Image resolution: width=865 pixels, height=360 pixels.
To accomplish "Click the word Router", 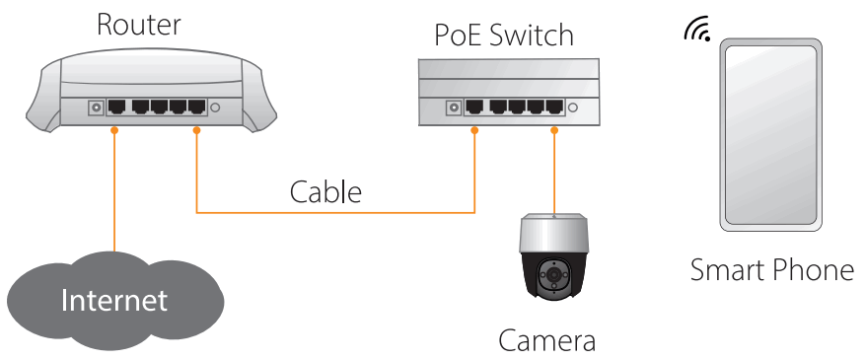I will point(137,25).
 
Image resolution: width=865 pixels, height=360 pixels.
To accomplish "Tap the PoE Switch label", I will point(504,36).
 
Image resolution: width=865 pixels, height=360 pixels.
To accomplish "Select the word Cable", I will point(325,191).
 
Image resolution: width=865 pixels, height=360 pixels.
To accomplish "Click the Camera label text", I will point(546,341).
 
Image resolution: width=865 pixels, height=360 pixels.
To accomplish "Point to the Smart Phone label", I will point(771,269).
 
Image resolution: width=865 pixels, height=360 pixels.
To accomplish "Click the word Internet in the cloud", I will point(114,300).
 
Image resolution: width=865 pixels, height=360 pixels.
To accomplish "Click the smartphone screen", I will point(770,136).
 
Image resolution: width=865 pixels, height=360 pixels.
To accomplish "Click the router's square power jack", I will point(97,107).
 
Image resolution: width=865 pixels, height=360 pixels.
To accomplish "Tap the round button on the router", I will point(215,108).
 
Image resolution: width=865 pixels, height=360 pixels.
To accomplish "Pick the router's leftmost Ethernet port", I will point(117,107).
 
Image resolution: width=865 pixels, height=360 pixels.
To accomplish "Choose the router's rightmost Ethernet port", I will point(195,107).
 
